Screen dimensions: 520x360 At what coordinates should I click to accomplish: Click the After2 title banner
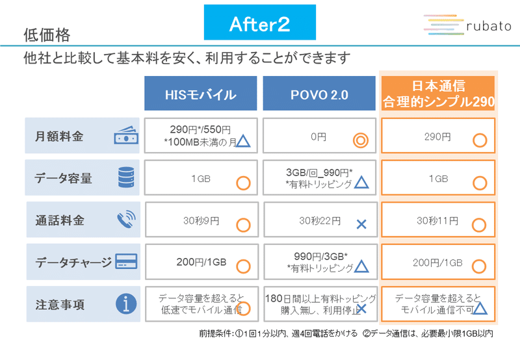pos(259,22)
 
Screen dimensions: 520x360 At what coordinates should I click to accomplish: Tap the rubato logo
pos(467,25)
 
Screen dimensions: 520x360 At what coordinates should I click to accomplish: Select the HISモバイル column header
pos(201,93)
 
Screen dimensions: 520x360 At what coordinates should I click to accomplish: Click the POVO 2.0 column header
pos(319,93)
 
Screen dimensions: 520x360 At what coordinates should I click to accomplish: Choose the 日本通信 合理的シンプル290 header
pos(438,93)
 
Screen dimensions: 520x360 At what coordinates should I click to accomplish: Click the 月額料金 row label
pos(59,136)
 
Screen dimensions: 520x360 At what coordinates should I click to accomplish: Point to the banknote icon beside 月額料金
pos(126,135)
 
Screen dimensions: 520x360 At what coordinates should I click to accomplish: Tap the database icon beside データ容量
pos(126,177)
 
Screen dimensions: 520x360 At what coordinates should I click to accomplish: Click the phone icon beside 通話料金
pos(126,219)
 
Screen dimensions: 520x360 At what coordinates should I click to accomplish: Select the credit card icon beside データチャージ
pos(126,261)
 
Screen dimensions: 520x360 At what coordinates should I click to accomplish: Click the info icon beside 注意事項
pos(126,303)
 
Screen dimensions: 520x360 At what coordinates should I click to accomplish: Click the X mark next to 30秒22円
pos(361,224)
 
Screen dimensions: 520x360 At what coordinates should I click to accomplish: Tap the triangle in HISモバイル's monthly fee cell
pos(243,140)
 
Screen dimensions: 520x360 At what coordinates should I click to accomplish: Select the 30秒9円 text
pos(201,220)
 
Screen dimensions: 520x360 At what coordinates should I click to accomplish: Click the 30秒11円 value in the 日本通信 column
pos(437,220)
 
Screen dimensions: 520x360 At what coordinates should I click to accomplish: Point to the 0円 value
pos(318,136)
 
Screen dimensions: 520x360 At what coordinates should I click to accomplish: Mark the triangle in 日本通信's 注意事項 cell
pos(480,308)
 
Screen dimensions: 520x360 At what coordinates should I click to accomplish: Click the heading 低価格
pos(47,35)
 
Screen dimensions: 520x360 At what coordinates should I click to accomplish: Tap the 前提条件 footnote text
pos(346,333)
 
